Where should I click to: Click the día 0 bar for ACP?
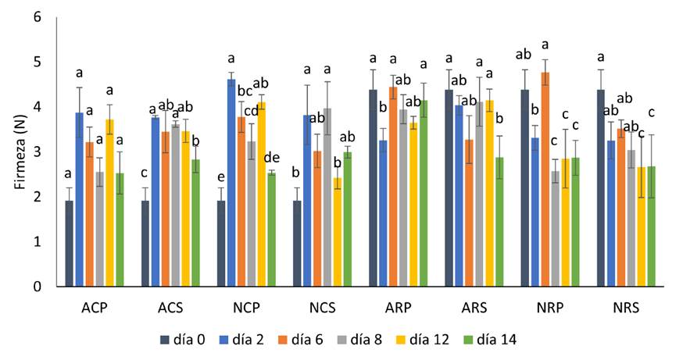(70, 244)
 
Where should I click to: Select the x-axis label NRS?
(626, 308)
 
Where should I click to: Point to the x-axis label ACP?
(95, 308)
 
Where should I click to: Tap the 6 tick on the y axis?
(36, 16)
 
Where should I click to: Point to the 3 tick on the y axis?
(36, 151)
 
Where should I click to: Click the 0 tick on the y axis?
(36, 287)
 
